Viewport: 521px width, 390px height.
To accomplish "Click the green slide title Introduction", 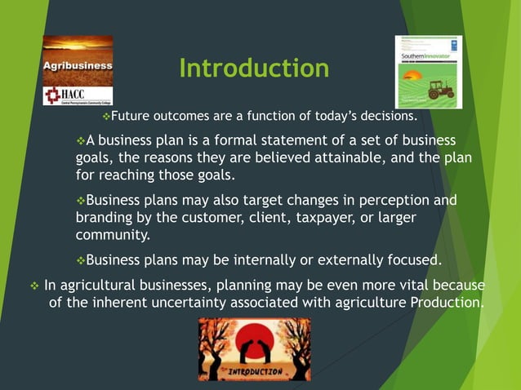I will pos(254,68).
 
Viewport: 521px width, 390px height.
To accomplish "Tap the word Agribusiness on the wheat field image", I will pos(78,65).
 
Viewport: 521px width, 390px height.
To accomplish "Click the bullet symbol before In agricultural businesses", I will pos(33,286).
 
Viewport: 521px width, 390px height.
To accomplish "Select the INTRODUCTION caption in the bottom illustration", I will pos(255,371).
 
